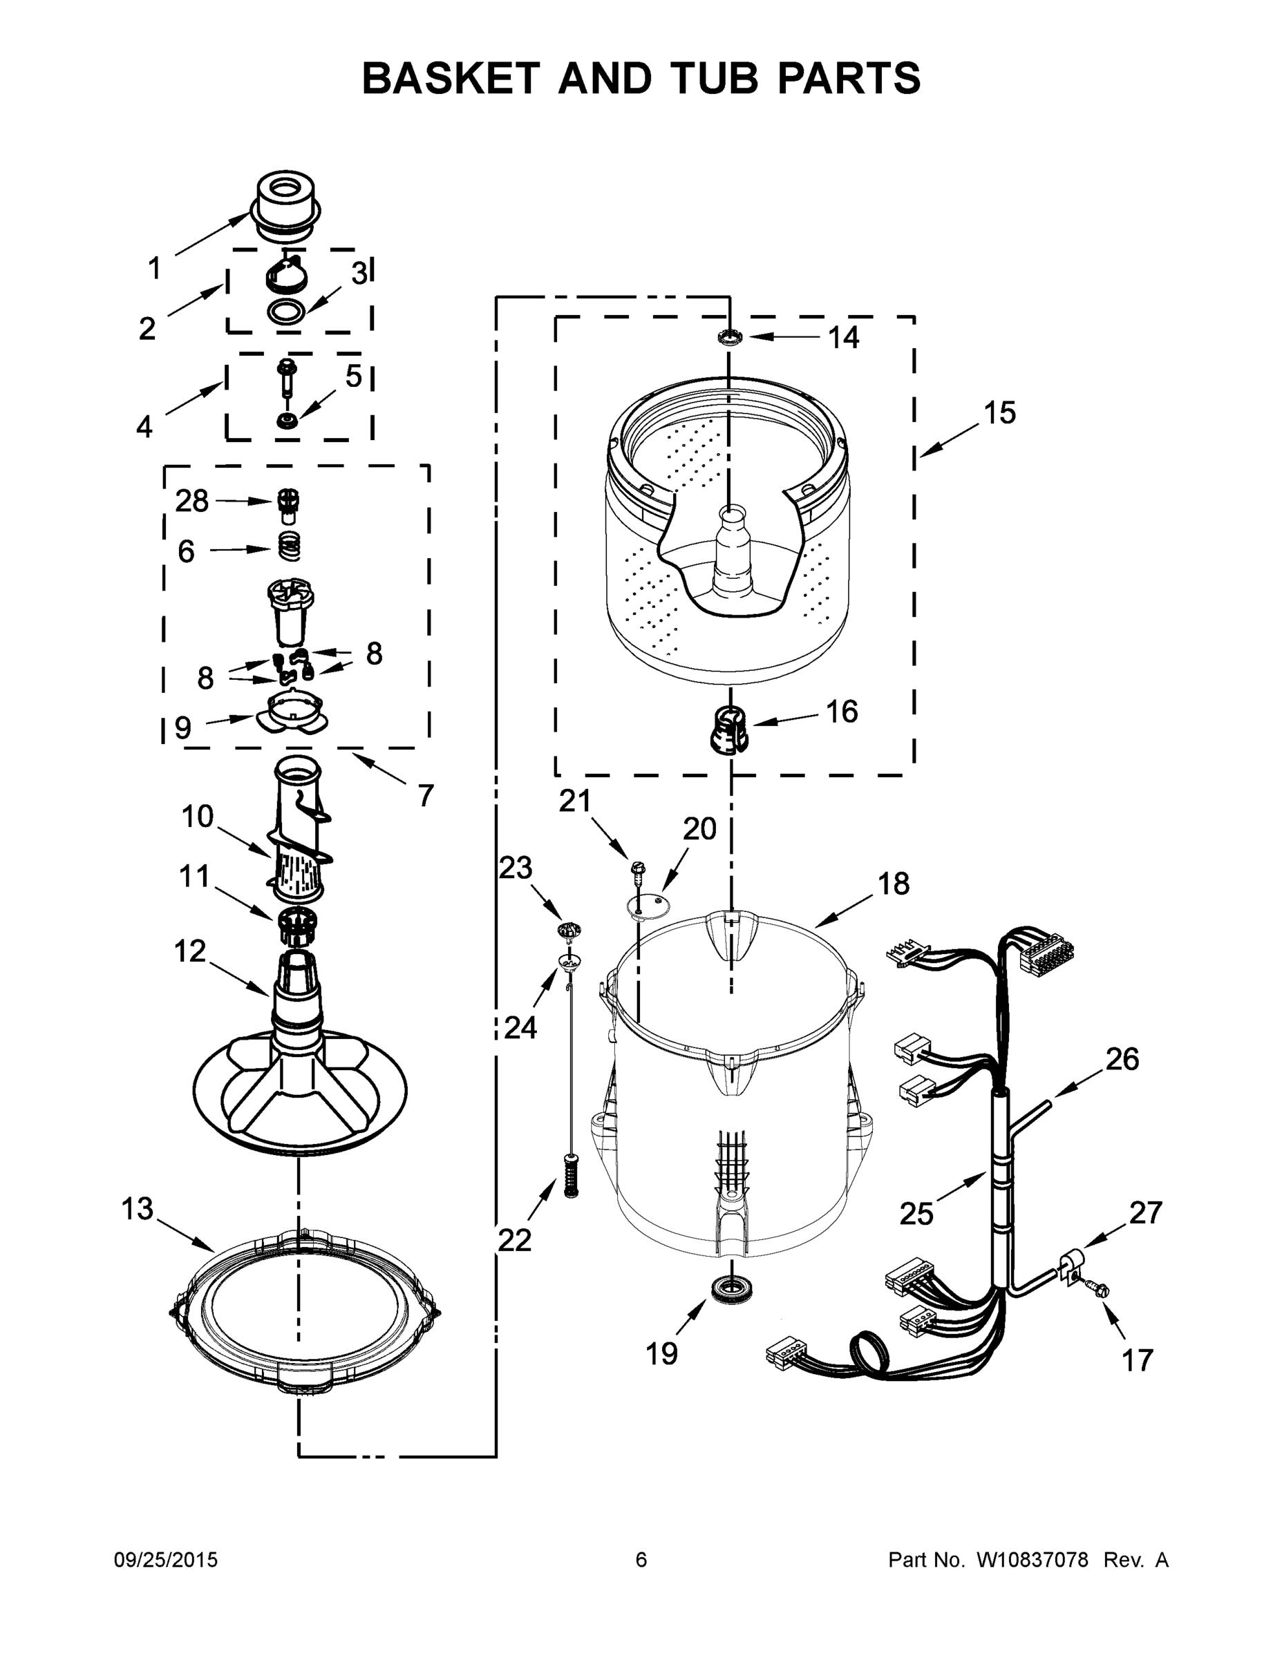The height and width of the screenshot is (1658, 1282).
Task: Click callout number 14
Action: point(843,338)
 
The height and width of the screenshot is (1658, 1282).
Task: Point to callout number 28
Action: point(191,501)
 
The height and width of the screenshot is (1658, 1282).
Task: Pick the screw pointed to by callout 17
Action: point(1098,1288)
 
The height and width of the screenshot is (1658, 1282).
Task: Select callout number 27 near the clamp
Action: point(1145,1213)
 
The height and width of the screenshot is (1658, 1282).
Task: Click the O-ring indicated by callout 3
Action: point(287,312)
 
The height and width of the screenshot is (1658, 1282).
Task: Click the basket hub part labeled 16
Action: point(729,730)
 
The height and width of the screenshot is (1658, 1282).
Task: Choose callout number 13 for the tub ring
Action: point(138,1208)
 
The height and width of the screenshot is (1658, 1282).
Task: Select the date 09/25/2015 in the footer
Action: point(166,1560)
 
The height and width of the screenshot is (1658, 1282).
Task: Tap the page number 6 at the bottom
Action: point(641,1560)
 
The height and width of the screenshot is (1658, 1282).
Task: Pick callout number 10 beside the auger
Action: point(198,817)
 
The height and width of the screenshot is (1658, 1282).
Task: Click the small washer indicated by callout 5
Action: point(287,420)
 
